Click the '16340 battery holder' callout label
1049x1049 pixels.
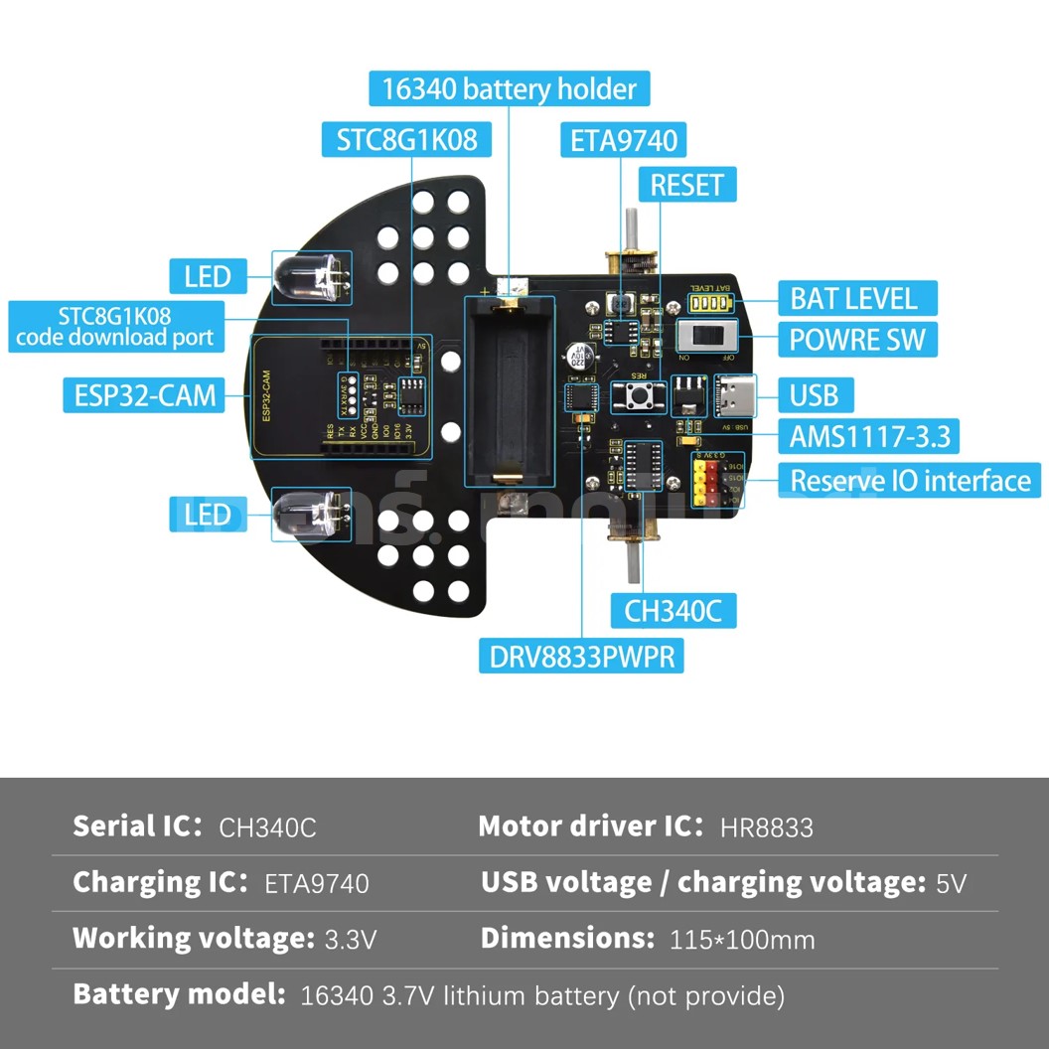coord(510,89)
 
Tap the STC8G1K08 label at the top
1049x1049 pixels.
coord(406,140)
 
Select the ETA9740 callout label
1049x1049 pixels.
coord(624,140)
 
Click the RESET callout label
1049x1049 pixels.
coord(686,185)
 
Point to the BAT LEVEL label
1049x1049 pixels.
coord(852,298)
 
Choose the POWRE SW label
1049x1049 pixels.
coord(856,340)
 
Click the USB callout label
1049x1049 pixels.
coord(814,395)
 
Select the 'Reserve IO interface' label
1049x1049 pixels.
coord(910,481)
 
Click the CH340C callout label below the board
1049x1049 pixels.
coord(673,611)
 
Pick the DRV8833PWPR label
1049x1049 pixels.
coord(582,656)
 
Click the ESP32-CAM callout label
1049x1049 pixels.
coord(144,395)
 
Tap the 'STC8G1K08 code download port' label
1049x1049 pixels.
coord(114,328)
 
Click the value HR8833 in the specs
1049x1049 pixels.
coord(767,827)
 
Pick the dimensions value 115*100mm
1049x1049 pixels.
coord(742,939)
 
